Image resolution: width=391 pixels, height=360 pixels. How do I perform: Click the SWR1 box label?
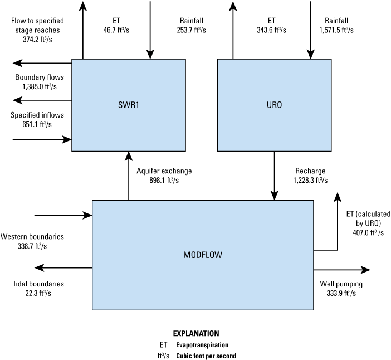(129, 105)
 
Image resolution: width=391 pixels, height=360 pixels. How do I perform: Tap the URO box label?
(273, 105)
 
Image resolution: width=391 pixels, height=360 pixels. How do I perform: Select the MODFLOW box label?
(202, 255)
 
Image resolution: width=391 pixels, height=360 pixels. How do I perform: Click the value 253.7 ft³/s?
(191, 30)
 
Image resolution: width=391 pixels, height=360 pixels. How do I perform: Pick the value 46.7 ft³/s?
(116, 30)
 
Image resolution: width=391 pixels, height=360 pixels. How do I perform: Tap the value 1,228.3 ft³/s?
(309, 180)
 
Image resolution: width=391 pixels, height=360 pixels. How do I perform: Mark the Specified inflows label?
(37, 115)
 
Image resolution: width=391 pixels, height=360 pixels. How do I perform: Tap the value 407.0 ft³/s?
(365, 233)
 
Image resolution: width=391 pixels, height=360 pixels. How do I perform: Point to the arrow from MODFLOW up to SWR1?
(129, 176)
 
